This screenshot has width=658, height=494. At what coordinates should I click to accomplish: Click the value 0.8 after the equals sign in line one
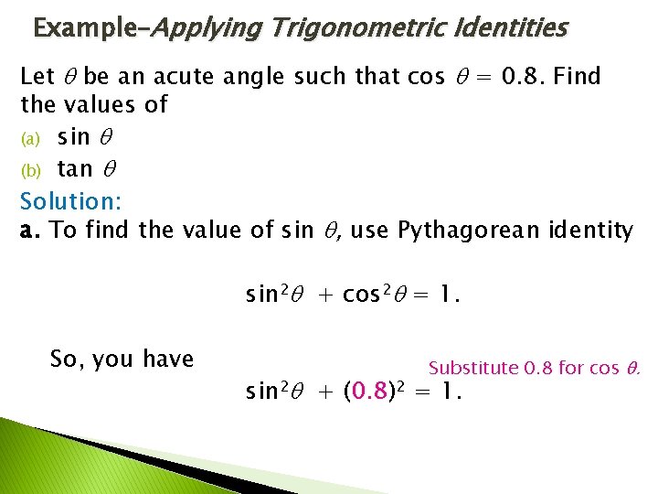pos(521,77)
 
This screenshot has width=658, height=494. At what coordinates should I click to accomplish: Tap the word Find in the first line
pos(578,77)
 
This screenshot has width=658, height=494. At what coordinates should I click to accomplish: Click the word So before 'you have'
pos(65,359)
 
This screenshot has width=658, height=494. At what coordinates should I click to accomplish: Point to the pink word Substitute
pos(473,368)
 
